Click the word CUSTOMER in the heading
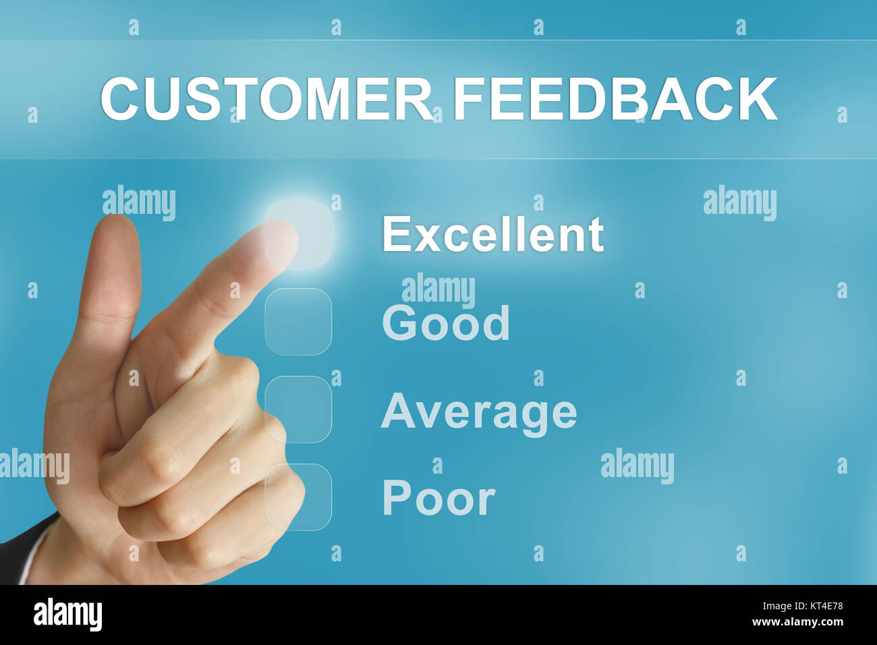pyautogui.click(x=266, y=99)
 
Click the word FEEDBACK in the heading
pyautogui.click(x=615, y=99)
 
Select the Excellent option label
pyautogui.click(x=492, y=235)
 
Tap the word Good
pyautogui.click(x=445, y=323)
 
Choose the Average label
pyautogui.click(x=478, y=411)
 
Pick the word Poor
pyautogui.click(x=438, y=499)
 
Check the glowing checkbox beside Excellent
pyautogui.click(x=299, y=233)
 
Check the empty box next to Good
pyautogui.click(x=298, y=322)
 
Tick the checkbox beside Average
pyautogui.click(x=298, y=410)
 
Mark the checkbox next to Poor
pyautogui.click(x=298, y=497)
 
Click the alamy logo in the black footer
pyautogui.click(x=67, y=614)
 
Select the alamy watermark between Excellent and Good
pyautogui.click(x=438, y=290)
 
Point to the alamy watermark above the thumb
pyautogui.click(x=139, y=202)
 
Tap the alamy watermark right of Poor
pyautogui.click(x=637, y=466)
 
